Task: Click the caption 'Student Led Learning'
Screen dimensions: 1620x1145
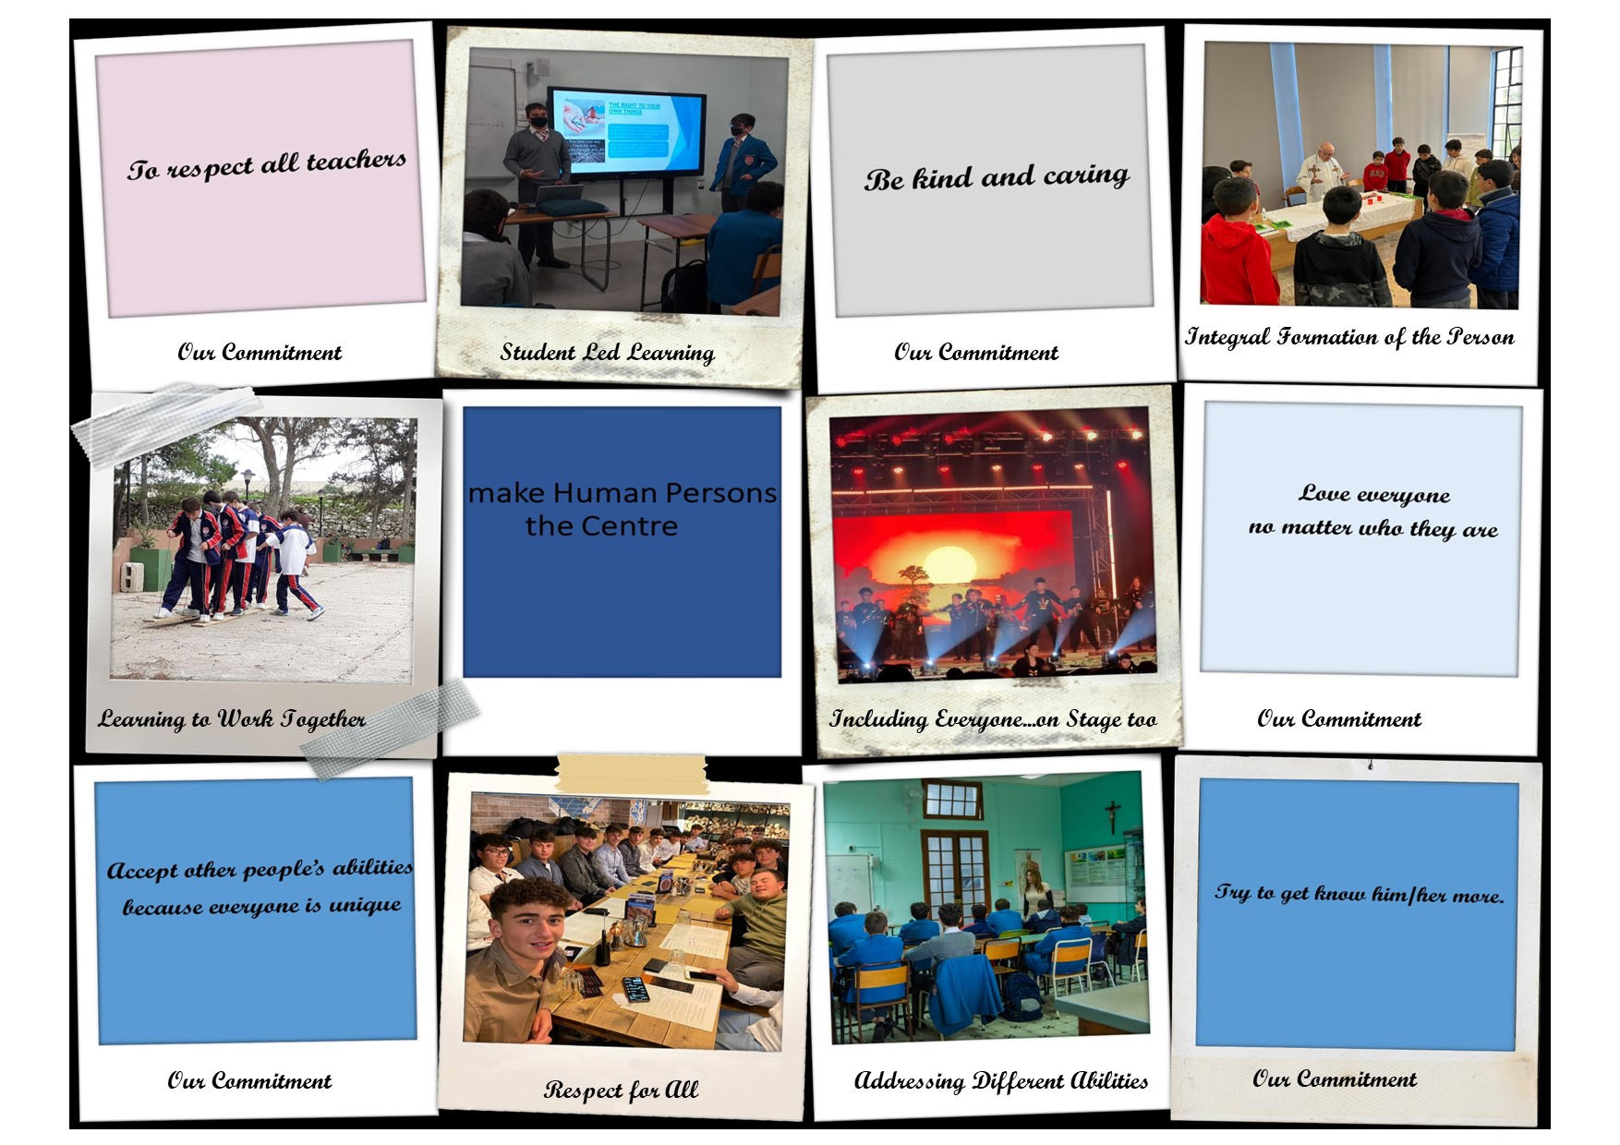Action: click(x=607, y=353)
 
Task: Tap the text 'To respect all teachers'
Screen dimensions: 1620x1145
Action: click(x=267, y=165)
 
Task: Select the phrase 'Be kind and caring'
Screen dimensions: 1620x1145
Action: click(x=997, y=176)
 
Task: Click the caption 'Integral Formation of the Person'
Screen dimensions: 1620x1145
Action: click(x=1349, y=337)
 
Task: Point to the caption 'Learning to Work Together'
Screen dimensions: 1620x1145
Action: click(x=232, y=719)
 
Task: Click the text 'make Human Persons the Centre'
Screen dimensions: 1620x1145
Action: click(x=622, y=509)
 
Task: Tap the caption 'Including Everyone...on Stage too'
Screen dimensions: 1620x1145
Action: click(x=993, y=719)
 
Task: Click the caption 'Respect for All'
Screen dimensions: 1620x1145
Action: click(x=621, y=1091)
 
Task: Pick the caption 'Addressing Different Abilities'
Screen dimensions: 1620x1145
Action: click(x=1001, y=1080)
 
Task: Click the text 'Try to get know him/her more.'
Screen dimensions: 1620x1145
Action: click(x=1359, y=893)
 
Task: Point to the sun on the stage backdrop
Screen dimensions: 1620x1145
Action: click(x=949, y=565)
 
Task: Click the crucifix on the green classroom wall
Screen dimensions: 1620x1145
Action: click(x=1113, y=815)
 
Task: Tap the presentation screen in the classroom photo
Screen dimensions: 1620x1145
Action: click(x=625, y=131)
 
